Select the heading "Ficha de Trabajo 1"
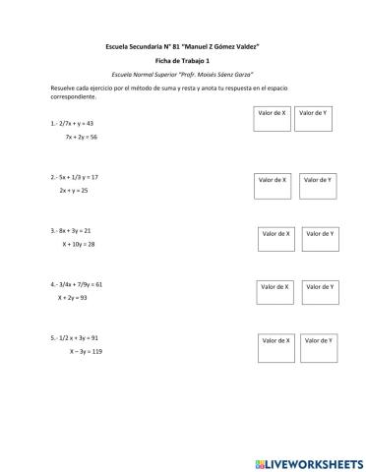click(x=183, y=61)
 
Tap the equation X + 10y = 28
click(x=78, y=243)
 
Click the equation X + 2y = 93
click(x=73, y=297)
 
